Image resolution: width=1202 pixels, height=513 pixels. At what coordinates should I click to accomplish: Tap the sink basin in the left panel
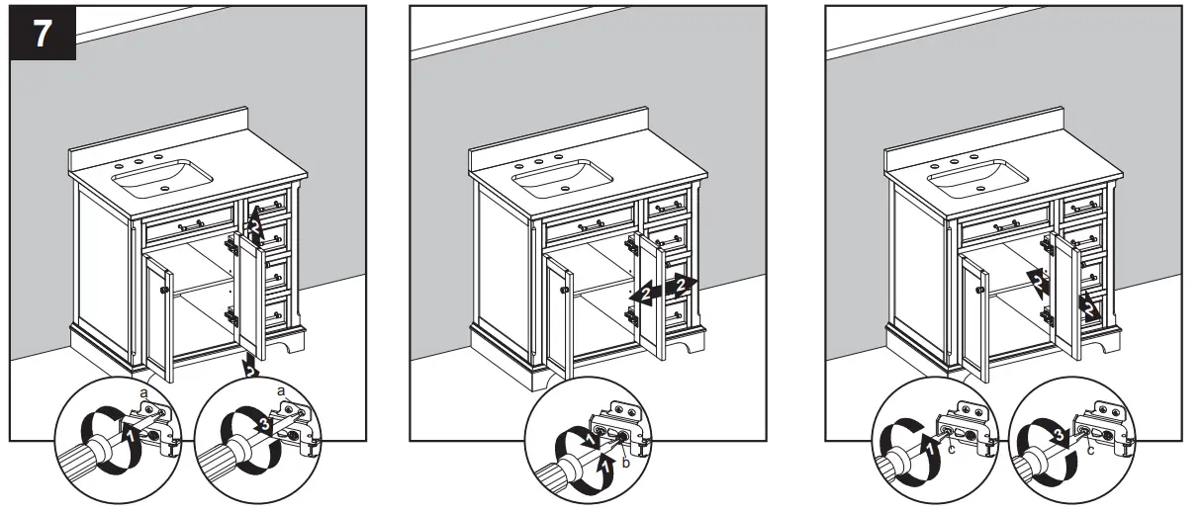(163, 177)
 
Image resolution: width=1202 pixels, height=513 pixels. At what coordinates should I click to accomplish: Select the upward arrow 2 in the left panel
(254, 229)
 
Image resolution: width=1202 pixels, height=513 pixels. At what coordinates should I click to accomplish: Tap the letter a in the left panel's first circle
(143, 393)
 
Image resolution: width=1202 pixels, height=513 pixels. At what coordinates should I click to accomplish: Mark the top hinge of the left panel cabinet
(232, 242)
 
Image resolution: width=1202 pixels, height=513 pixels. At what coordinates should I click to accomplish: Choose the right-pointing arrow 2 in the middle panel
(682, 286)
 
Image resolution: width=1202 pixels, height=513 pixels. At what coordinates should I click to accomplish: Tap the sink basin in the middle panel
(564, 177)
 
